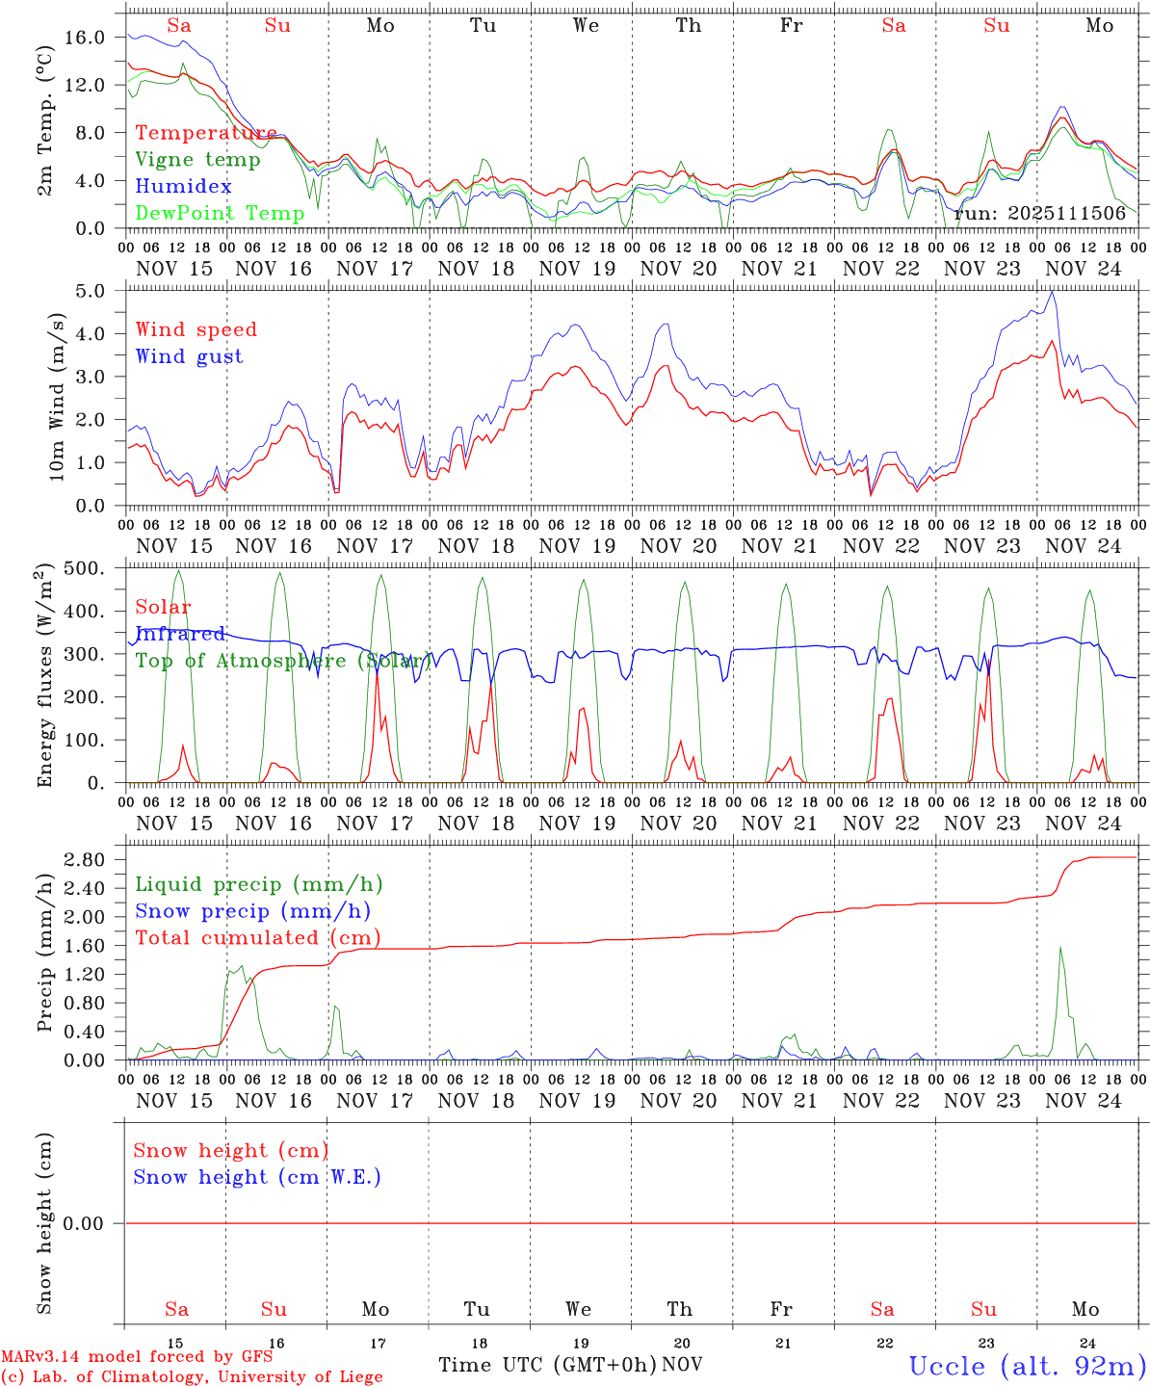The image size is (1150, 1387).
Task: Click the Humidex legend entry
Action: click(x=183, y=187)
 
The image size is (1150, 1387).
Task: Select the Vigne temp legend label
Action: click(x=197, y=160)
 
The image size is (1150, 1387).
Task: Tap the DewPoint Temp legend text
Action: click(x=220, y=213)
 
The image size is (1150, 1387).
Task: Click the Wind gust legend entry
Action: click(x=189, y=356)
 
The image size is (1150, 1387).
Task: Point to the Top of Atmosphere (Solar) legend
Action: click(x=283, y=661)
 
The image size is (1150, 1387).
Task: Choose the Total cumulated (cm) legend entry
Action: click(x=257, y=937)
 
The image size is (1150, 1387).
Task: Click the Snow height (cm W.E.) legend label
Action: click(x=257, y=1177)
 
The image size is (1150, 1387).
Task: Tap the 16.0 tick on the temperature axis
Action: click(x=85, y=37)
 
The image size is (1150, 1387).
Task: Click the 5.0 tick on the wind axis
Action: click(x=92, y=290)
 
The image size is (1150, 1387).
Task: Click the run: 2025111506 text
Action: click(x=1040, y=213)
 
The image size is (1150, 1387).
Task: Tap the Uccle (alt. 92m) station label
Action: click(x=1027, y=1366)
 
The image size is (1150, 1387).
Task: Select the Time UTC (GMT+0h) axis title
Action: click(x=547, y=1365)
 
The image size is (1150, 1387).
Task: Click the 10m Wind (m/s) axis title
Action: click(x=56, y=397)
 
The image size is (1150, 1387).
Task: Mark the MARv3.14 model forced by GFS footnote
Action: click(x=137, y=1356)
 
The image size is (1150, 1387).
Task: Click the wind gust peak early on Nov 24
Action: click(x=1053, y=292)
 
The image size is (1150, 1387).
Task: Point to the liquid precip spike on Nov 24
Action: click(x=1060, y=948)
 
